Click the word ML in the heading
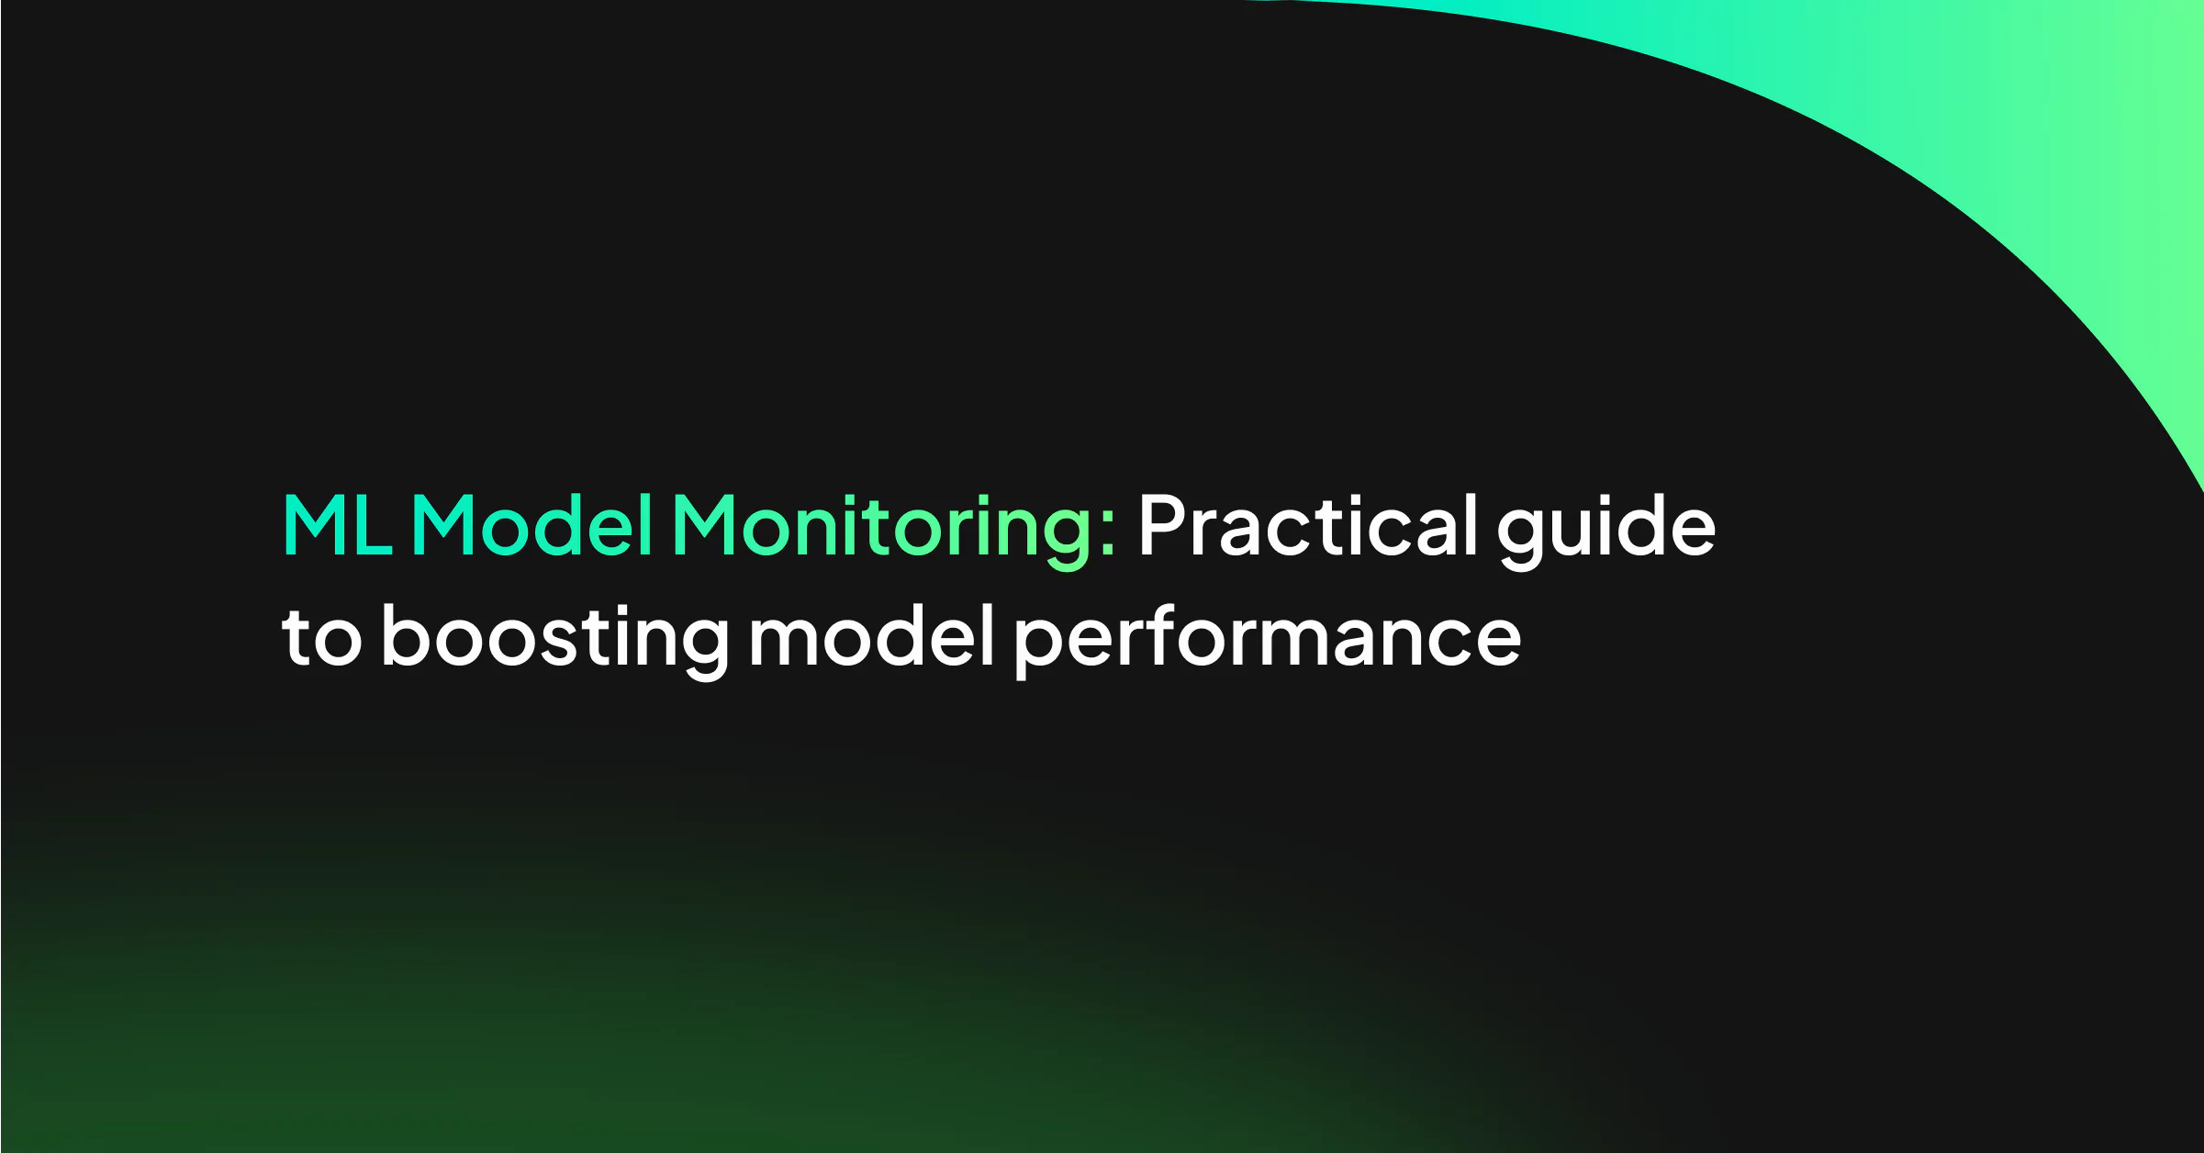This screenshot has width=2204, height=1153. tap(338, 525)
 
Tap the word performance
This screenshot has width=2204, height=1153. tap(1268, 641)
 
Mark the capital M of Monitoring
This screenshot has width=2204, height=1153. tap(705, 525)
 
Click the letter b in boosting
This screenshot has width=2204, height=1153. tap(407, 635)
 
